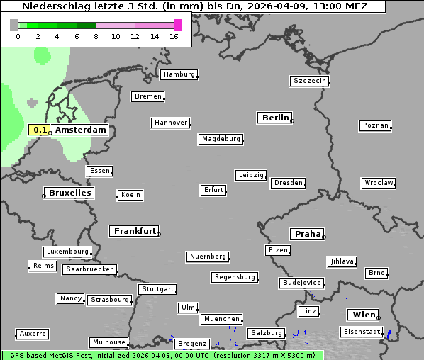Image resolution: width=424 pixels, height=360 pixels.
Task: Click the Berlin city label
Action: click(275, 118)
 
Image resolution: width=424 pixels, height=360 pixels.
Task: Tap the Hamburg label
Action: click(178, 74)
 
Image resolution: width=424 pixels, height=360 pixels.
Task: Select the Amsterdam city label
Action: click(80, 130)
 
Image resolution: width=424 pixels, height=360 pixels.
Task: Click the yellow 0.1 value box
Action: click(40, 130)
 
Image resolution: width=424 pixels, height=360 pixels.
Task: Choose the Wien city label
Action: click(362, 315)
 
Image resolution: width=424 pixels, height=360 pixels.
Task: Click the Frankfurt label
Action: click(134, 231)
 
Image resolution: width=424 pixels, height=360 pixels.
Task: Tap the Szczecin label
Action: click(310, 81)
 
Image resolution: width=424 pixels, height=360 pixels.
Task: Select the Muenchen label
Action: click(222, 319)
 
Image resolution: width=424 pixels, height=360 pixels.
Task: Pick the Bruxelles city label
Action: click(69, 193)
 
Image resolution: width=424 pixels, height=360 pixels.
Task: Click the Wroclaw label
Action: click(378, 183)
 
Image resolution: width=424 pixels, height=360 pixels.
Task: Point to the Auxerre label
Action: click(33, 333)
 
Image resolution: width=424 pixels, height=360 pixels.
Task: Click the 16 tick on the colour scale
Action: click(174, 36)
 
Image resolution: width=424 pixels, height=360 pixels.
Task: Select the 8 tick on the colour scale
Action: click(96, 36)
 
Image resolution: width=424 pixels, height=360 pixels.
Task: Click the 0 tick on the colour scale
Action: click(18, 36)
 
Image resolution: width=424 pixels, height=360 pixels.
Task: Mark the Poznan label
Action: click(375, 125)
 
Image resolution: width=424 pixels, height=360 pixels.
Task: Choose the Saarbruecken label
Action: click(89, 269)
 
